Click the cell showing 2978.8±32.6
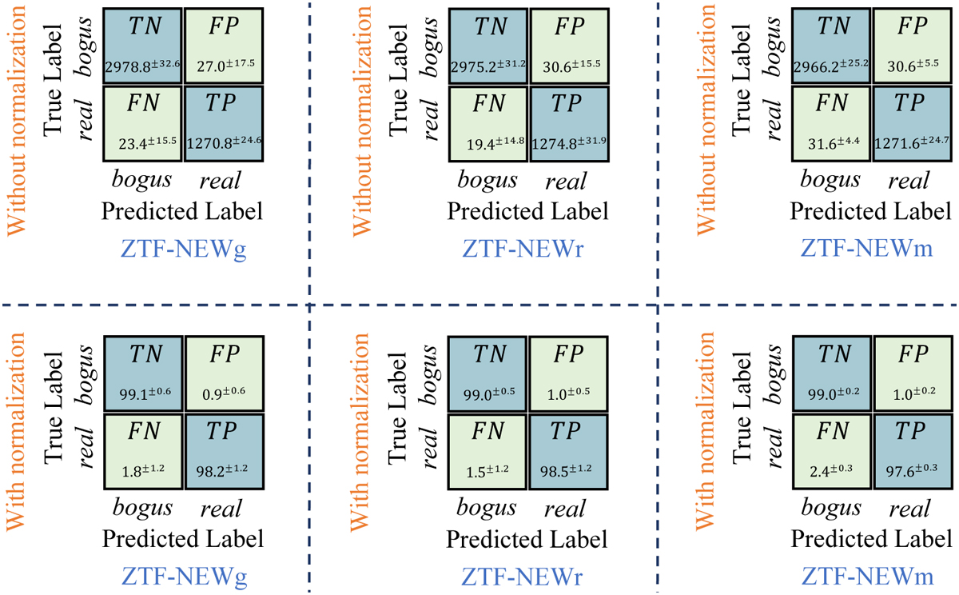click(x=142, y=46)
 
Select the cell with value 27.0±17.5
click(x=224, y=46)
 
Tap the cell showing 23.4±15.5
click(x=142, y=124)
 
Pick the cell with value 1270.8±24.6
click(x=224, y=124)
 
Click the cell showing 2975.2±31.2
click(x=488, y=46)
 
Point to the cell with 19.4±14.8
click(x=488, y=124)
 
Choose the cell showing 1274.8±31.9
click(x=569, y=124)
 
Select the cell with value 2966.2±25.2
click(x=831, y=46)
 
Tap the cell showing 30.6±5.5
click(x=913, y=46)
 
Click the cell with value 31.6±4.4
click(x=831, y=124)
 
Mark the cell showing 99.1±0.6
click(x=143, y=373)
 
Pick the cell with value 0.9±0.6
click(x=225, y=373)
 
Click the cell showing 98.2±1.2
click(x=225, y=452)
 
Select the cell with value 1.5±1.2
click(x=487, y=452)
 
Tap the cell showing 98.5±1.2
click(x=568, y=452)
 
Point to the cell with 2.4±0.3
click(x=832, y=452)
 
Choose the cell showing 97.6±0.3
click(x=913, y=452)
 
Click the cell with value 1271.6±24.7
click(x=913, y=124)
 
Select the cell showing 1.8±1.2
click(x=143, y=452)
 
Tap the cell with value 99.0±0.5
click(x=487, y=373)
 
